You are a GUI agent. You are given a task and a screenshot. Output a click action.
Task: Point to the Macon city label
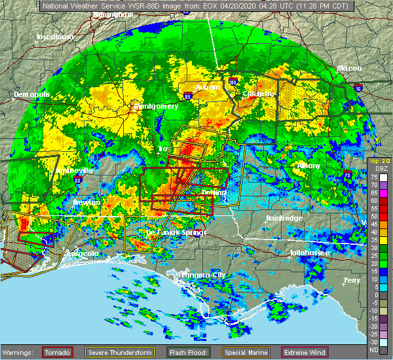click(349, 68)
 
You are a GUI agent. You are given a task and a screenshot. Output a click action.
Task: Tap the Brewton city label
click(86, 202)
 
